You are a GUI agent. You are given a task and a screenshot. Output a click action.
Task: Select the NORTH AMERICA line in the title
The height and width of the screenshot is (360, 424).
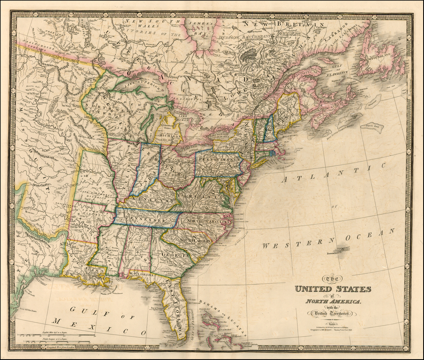333,301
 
